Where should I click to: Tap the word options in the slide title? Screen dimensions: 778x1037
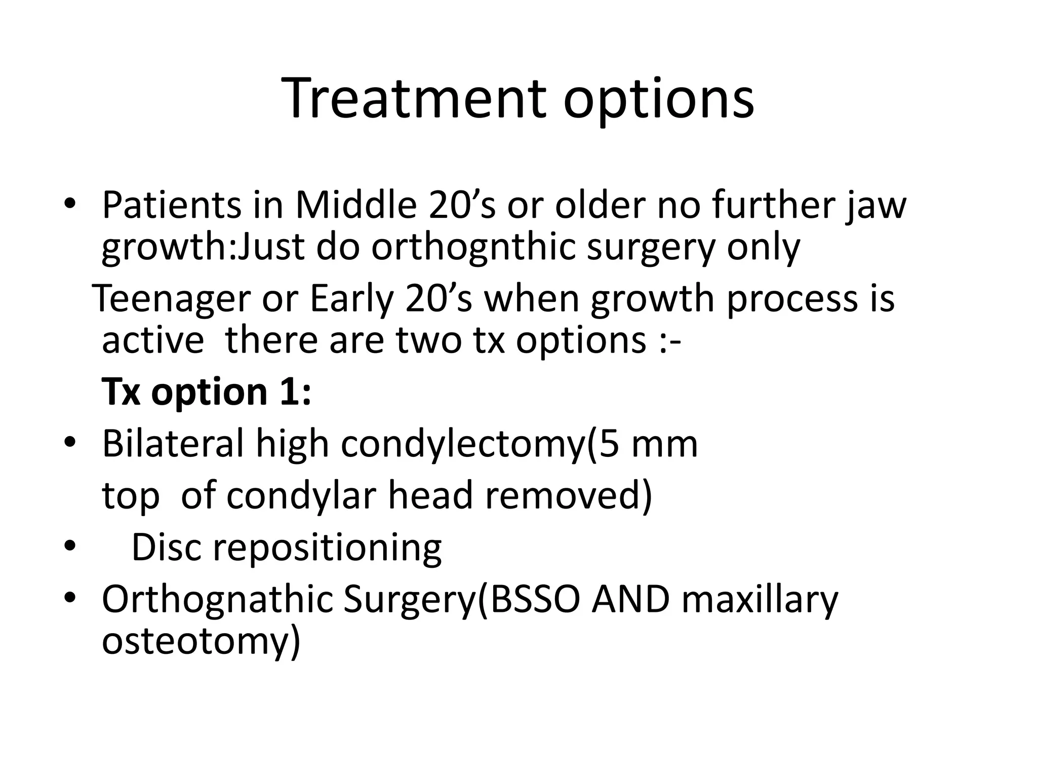(x=658, y=100)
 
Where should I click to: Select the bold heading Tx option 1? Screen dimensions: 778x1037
(x=207, y=393)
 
